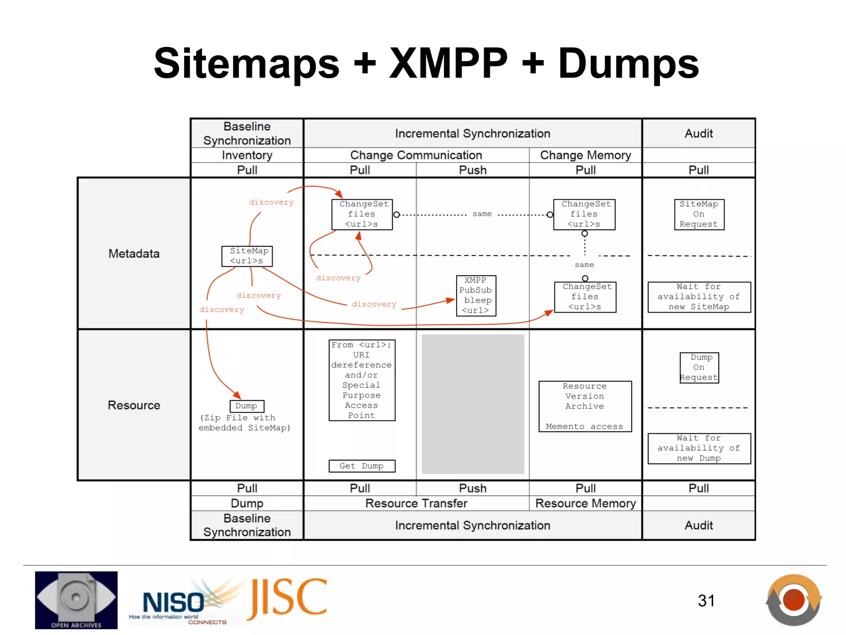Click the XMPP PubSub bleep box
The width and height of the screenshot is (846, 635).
click(476, 296)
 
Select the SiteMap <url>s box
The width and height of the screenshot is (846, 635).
click(247, 256)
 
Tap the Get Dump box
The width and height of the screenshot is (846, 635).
click(362, 466)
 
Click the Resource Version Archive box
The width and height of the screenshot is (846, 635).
click(585, 406)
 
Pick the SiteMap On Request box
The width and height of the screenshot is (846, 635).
click(699, 214)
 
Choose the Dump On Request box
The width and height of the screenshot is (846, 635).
click(699, 368)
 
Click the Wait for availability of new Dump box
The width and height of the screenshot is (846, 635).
click(699, 448)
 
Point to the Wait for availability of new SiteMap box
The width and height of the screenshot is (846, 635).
click(699, 297)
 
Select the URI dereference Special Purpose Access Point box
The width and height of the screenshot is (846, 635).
click(362, 380)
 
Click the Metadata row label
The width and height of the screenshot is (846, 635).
click(134, 253)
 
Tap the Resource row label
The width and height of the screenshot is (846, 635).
click(134, 405)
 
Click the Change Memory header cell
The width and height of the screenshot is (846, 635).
click(585, 155)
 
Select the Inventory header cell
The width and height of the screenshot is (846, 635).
click(247, 155)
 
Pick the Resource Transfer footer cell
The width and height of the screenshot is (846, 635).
click(416, 503)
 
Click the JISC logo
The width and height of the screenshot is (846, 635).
click(288, 599)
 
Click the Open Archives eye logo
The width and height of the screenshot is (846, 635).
click(76, 600)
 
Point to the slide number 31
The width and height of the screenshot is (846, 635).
click(706, 601)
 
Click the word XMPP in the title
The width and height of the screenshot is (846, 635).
click(449, 63)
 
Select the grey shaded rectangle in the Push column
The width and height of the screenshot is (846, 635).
click(473, 404)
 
